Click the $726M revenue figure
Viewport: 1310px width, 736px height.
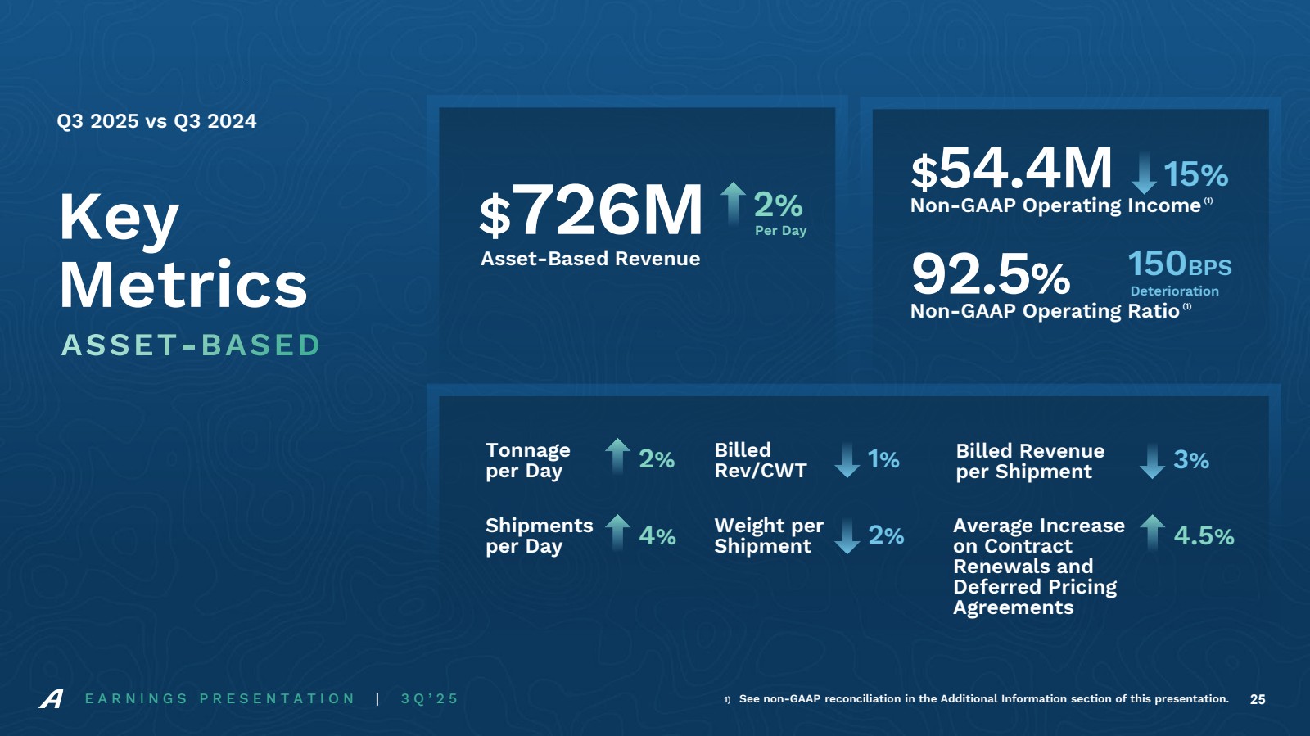point(591,210)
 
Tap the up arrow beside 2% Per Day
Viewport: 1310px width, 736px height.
point(733,202)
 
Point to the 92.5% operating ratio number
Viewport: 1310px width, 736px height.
point(991,274)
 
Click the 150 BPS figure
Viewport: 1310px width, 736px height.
point(1179,264)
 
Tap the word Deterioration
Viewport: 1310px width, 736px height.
point(1174,291)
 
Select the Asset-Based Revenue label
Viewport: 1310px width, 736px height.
point(590,259)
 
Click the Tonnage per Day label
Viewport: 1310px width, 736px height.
point(528,460)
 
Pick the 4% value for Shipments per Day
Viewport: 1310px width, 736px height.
point(657,536)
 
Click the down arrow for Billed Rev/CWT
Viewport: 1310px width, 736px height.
point(847,460)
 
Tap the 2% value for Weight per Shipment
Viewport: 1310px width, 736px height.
point(886,535)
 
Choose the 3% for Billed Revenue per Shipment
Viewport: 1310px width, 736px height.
point(1190,460)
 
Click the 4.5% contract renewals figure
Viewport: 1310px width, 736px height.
point(1204,536)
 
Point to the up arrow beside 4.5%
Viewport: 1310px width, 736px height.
point(1152,531)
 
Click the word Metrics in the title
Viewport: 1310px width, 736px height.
point(183,285)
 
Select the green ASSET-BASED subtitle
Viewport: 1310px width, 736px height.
point(191,345)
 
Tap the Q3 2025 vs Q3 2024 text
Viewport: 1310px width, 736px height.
point(156,121)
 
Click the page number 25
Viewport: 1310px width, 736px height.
point(1258,699)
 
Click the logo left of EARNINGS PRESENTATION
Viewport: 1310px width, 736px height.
point(52,699)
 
